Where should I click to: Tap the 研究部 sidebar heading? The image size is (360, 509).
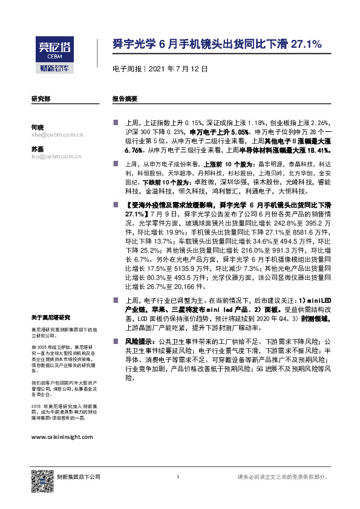41,98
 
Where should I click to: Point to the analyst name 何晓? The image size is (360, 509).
37,127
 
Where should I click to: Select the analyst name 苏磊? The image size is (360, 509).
37,148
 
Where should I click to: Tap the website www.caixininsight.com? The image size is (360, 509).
62,436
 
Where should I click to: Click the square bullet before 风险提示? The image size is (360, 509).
115,342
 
